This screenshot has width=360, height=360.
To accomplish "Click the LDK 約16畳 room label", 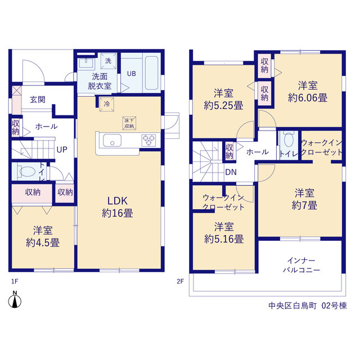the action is coord(118,207).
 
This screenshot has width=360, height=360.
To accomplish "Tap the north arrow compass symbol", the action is coord(15,300).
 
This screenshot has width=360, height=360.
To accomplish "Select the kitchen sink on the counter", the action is coord(112,140).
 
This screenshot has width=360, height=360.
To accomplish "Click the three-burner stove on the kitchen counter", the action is coord(148,140).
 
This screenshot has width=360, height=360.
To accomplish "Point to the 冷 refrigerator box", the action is coord(107,104).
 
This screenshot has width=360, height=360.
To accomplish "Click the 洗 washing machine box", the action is coord(109,61).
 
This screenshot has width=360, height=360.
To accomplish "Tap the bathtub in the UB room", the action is coord(151,73).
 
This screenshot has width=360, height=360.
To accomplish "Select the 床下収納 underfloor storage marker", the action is coord(129,123).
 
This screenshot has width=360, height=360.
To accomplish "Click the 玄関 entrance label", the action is coord(38,100).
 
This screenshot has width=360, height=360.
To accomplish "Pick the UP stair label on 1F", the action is coord(62,150).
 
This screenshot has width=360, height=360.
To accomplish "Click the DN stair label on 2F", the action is coord(231,172).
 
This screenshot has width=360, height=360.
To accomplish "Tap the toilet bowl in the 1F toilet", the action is coord(27,171).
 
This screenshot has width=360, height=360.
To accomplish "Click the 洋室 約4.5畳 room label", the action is coord(43,236).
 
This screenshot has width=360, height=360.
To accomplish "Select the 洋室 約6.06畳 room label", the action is coord(308,92).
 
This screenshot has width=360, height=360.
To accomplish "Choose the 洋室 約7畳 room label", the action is coord(304,199).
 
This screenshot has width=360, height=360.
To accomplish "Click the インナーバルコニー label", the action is coord(301,265).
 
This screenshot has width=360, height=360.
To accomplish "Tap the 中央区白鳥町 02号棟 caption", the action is coord(308,306).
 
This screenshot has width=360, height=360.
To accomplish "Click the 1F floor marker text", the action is coord(15,281).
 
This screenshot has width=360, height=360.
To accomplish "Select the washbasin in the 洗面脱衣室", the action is coord(86,63).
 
